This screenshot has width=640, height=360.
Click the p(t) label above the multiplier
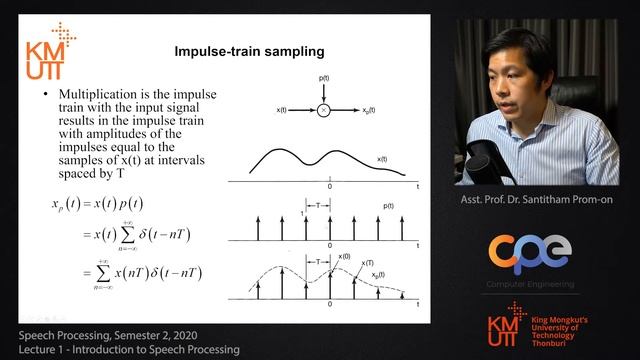pos(323,77)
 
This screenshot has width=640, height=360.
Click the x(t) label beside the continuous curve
pos(384,158)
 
